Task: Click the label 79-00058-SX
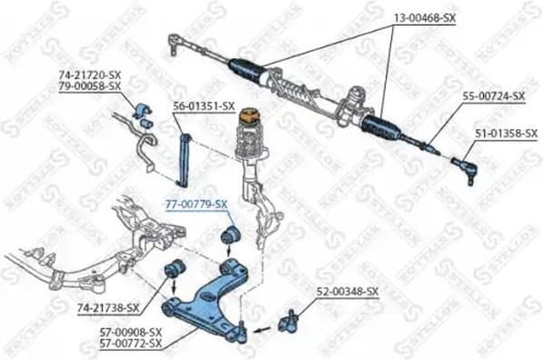91,85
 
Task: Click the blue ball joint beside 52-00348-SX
291,319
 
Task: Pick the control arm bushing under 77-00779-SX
230,236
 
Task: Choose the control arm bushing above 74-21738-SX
174,269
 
